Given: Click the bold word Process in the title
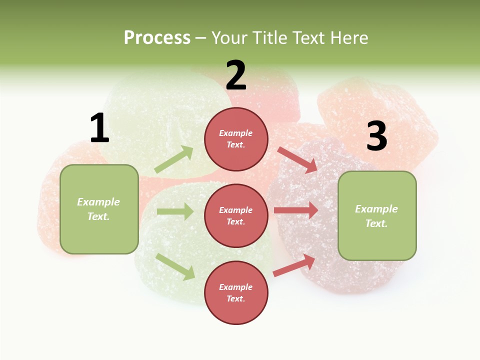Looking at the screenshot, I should [157, 37].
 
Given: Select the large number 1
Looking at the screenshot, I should [99, 128].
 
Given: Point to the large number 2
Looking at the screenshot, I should [236, 75].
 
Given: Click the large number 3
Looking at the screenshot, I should [376, 136].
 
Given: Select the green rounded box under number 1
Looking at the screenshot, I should [99, 208].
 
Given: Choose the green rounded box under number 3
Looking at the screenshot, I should [377, 215].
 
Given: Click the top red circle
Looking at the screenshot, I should [236, 139].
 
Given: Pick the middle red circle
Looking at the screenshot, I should [236, 215].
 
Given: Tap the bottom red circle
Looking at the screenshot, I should [236, 292].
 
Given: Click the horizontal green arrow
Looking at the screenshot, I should [175, 211].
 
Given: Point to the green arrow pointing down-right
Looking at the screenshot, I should [175, 266].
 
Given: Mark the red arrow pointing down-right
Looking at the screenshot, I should [298, 160].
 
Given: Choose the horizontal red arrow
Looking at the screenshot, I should [296, 210].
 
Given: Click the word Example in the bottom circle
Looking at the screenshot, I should [236, 287].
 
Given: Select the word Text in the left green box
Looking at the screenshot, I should [98, 216].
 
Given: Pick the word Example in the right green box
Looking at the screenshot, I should [376, 209].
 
